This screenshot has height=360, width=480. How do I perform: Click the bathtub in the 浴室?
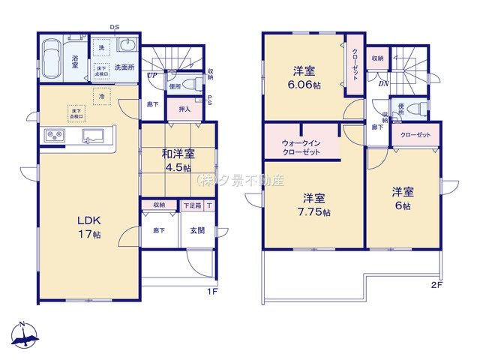[52, 58]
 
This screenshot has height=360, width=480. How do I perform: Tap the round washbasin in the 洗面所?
[124, 44]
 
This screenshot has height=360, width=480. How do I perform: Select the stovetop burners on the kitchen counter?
[57, 136]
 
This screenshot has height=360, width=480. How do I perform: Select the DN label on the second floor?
[382, 83]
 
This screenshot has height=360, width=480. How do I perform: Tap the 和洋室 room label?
[178, 154]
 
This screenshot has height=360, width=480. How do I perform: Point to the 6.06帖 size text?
[304, 86]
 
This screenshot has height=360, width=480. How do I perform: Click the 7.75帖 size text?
[314, 211]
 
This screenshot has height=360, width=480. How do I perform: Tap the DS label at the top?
[115, 28]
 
